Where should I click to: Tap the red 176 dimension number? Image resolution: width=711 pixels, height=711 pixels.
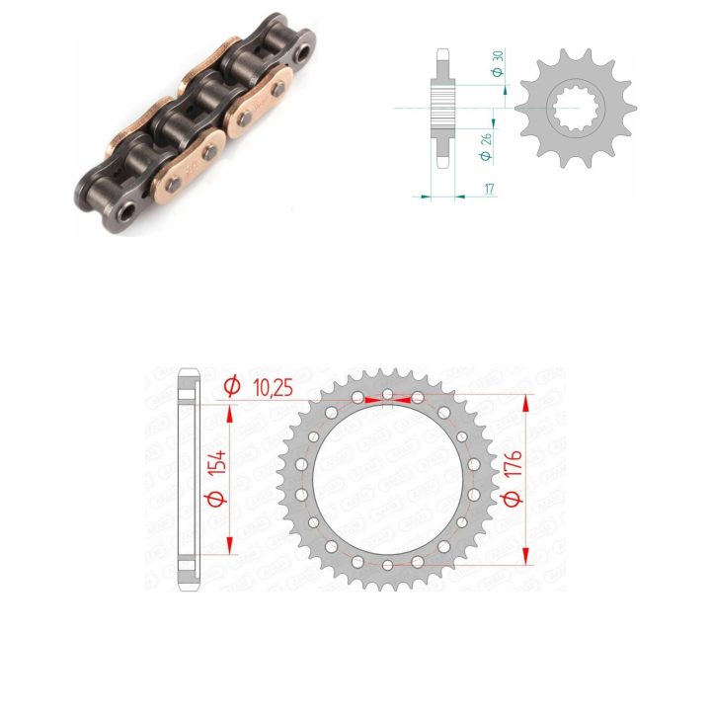click(513, 463)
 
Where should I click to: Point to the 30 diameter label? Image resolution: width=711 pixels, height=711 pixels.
click(498, 56)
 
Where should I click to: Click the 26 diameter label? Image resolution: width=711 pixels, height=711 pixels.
click(486, 139)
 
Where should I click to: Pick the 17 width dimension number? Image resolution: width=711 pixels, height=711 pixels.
click(489, 189)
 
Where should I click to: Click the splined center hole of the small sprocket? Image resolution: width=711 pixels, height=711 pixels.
click(576, 108)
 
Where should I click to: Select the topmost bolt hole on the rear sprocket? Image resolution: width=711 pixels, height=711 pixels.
click(388, 394)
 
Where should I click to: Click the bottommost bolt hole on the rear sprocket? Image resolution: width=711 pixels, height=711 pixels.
click(388, 565)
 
